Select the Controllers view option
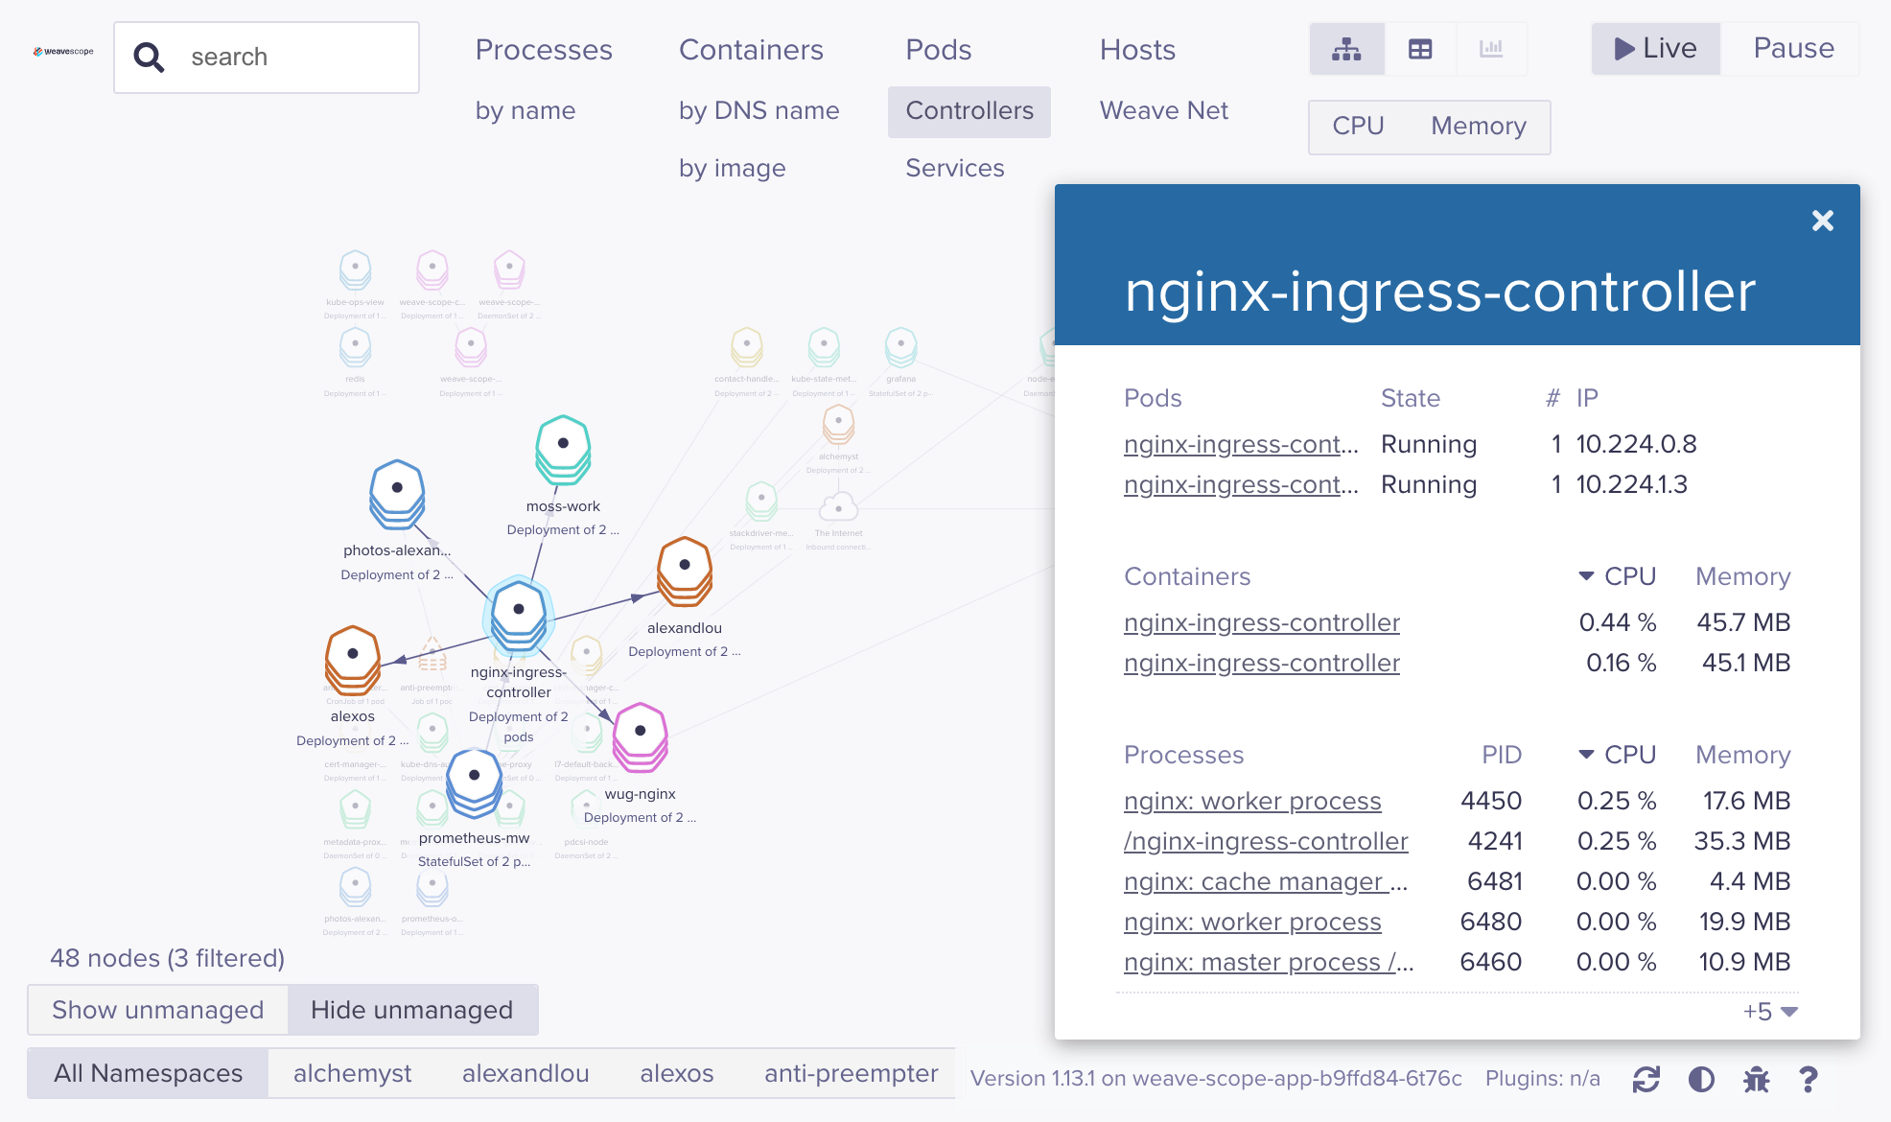point(969,111)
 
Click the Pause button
point(1792,49)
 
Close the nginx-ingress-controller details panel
point(1822,222)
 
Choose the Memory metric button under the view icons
point(1478,127)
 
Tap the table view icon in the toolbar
point(1419,49)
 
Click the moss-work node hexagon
point(563,448)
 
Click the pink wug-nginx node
point(640,736)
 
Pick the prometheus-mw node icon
point(474,780)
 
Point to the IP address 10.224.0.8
point(1636,445)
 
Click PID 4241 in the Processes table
point(1494,842)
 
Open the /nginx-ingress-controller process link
point(1265,842)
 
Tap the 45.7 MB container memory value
point(1742,623)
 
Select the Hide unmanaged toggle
point(411,1011)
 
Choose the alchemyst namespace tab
point(352,1074)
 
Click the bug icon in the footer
point(1756,1080)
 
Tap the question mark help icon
point(1808,1080)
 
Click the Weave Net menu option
point(1163,111)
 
